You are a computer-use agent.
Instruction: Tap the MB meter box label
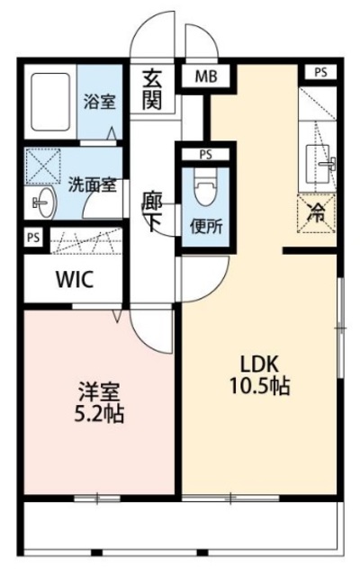click(x=205, y=78)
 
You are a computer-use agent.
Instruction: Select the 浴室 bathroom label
click(x=98, y=101)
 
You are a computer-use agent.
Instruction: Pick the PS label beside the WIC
click(x=32, y=238)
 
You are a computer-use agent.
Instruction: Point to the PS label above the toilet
click(x=205, y=153)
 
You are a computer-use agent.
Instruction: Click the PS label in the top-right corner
click(x=319, y=72)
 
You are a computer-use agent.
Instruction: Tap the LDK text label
click(x=262, y=364)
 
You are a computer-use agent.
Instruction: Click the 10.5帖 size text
click(x=262, y=388)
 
